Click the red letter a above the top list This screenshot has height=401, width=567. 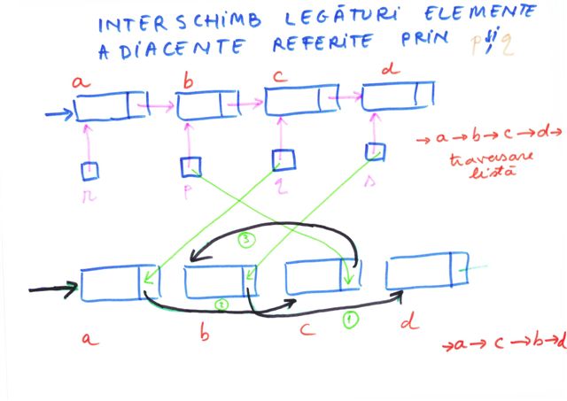click(x=82, y=83)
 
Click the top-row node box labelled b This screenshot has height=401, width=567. click(x=204, y=106)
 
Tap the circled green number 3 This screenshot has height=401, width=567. click(x=249, y=238)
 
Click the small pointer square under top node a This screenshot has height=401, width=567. click(x=89, y=169)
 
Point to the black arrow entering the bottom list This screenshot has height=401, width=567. click(x=53, y=288)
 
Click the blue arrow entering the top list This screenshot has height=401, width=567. click(x=58, y=113)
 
